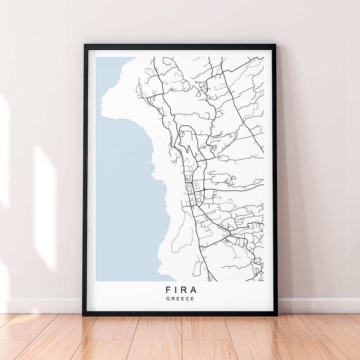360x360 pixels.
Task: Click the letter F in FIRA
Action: pyautogui.click(x=168, y=290)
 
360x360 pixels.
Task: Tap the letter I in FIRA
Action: pyautogui.click(x=177, y=290)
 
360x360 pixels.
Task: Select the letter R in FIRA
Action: pyautogui.click(x=184, y=290)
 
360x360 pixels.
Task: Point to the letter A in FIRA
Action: pyautogui.click(x=193, y=290)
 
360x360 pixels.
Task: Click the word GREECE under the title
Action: pyautogui.click(x=180, y=299)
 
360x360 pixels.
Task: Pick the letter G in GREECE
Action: pyautogui.click(x=168, y=299)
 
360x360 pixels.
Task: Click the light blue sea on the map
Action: pyautogui.click(x=127, y=200)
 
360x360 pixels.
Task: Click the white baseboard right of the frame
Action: pyautogui.click(x=317, y=305)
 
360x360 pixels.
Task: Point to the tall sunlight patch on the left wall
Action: pyautogui.click(x=45, y=207)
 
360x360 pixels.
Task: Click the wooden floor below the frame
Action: pyautogui.click(x=180, y=337)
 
